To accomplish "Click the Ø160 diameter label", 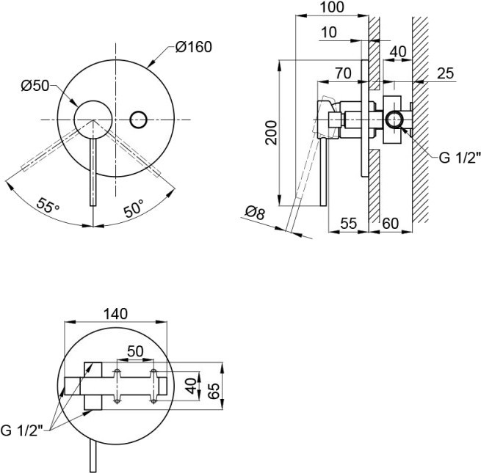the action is pyautogui.click(x=194, y=47).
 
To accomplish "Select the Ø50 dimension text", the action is pyautogui.click(x=35, y=86).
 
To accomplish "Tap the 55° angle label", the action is pyautogui.click(x=48, y=206).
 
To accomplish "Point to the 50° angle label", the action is pyautogui.click(x=134, y=208).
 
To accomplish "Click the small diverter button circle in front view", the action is pyautogui.click(x=138, y=120).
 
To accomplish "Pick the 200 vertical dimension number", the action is pyautogui.click(x=271, y=133).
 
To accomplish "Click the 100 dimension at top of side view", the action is pyautogui.click(x=332, y=7).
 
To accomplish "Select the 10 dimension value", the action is pyautogui.click(x=329, y=32).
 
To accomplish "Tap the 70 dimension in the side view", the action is pyautogui.click(x=343, y=73).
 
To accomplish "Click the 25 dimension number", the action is pyautogui.click(x=446, y=73).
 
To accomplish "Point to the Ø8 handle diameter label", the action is pyautogui.click(x=256, y=212).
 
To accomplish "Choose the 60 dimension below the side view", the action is pyautogui.click(x=391, y=224).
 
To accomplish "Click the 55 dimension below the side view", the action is pyautogui.click(x=349, y=224).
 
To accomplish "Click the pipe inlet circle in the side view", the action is pyautogui.click(x=394, y=120).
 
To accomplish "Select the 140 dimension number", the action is pyautogui.click(x=115, y=314).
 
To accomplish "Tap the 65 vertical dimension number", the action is pyautogui.click(x=214, y=390).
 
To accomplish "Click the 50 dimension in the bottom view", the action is pyautogui.click(x=135, y=351).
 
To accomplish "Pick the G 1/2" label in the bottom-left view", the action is pyautogui.click(x=21, y=430).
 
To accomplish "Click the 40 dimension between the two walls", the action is pyautogui.click(x=398, y=52).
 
